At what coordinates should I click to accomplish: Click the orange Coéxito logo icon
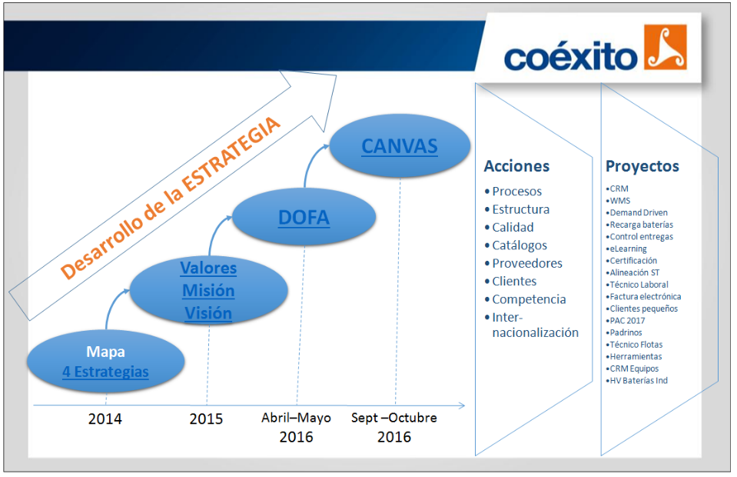tap(665, 47)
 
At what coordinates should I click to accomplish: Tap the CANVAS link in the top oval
tap(400, 146)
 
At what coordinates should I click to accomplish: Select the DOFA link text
tap(304, 218)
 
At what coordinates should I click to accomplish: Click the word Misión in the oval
tap(208, 291)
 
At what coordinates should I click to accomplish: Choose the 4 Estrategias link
tap(106, 372)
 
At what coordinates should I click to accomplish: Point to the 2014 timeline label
tap(105, 419)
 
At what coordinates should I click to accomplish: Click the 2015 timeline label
tap(206, 419)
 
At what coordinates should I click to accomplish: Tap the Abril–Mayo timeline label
tap(296, 418)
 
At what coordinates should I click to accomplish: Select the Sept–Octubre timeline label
tap(394, 418)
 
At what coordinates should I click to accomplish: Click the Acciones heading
tap(516, 166)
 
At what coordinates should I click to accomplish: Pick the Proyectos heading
tap(642, 166)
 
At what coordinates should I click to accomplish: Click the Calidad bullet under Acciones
tap(513, 227)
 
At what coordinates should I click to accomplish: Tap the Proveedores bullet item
tap(527, 263)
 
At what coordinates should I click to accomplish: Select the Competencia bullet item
tap(529, 299)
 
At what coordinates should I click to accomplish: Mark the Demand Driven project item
tap(639, 212)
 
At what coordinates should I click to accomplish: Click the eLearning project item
tap(628, 249)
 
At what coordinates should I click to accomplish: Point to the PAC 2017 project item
tap(627, 321)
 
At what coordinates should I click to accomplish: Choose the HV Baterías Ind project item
tap(639, 381)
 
